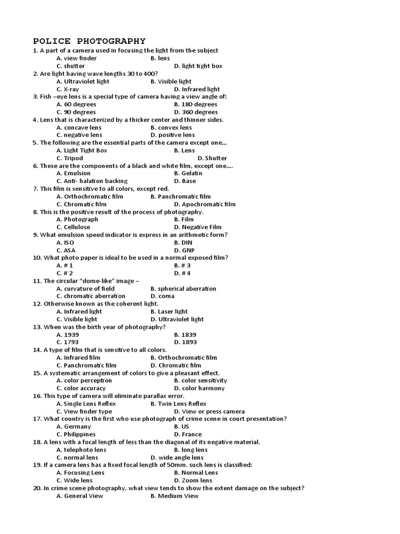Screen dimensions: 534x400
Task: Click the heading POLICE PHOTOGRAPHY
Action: [89, 41]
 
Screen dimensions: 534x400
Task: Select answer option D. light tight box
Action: [198, 66]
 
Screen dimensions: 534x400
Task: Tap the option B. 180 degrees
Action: [196, 104]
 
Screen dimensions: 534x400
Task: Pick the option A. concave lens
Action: [79, 127]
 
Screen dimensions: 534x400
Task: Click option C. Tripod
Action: [70, 158]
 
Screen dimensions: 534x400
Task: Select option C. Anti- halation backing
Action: [92, 181]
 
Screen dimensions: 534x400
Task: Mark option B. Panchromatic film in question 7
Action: [180, 197]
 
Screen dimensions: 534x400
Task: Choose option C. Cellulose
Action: [73, 227]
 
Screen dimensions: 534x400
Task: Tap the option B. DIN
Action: [183, 242]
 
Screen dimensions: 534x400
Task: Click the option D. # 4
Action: [182, 273]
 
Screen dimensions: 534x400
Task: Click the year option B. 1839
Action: [185, 334]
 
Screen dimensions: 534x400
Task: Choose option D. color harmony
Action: [199, 388]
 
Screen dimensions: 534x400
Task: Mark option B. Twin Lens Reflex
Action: [178, 404]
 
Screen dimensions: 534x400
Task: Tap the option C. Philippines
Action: [76, 434]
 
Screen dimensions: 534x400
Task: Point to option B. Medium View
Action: [174, 496]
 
